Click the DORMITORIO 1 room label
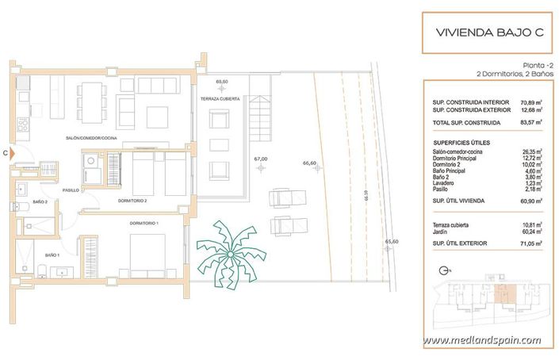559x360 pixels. click(x=144, y=224)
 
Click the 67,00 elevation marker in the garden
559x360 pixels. click(x=260, y=159)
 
